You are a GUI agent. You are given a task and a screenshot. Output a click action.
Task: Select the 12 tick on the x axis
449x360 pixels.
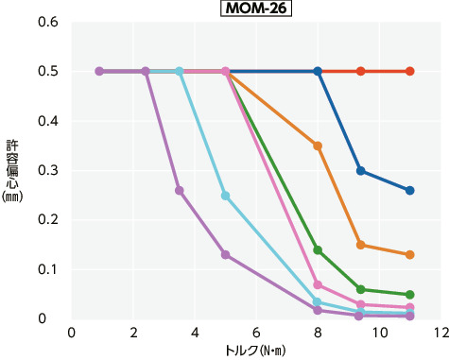pos(440,333)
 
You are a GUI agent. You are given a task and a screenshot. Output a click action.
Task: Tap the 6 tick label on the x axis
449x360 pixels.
pos(256,333)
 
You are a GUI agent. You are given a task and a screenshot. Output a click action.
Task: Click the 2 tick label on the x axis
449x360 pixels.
pos(133,333)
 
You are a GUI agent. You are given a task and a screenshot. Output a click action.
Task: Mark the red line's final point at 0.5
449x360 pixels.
pos(409,71)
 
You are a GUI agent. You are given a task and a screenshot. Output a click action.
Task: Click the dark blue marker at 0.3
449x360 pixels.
pos(360,171)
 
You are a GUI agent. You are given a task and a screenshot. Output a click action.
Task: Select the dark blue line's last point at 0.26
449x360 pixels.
pos(409,191)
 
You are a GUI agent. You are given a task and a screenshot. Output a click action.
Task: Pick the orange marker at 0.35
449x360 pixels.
pos(318,146)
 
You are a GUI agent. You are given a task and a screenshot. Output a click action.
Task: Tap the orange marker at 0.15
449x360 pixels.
pos(360,245)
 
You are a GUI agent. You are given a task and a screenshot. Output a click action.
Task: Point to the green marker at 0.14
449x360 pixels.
pos(318,250)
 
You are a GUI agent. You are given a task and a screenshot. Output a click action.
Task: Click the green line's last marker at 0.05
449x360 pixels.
pos(409,295)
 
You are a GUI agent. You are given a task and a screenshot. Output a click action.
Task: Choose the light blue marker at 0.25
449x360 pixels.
pos(225,196)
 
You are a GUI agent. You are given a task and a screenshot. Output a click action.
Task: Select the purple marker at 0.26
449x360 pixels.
pos(179,191)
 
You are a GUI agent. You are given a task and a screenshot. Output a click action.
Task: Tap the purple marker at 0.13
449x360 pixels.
pos(225,255)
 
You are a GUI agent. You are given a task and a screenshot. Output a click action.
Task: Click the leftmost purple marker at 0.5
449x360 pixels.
pos(99,71)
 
